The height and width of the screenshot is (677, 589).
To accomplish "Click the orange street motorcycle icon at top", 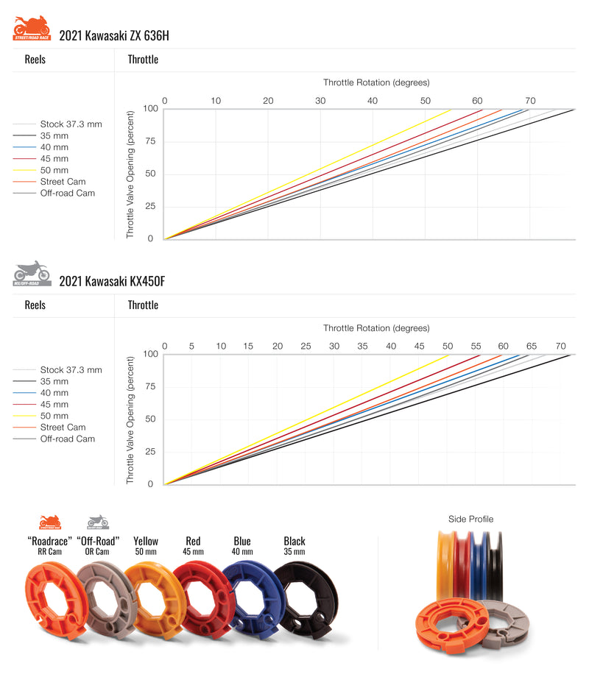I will [31, 29].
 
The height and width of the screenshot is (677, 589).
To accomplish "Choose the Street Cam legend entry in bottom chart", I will [63, 428].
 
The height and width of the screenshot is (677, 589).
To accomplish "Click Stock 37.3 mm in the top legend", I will [71, 124].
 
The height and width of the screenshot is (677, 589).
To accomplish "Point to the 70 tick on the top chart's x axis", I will [529, 101].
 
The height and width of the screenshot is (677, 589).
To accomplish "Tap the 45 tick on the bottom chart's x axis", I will [419, 347].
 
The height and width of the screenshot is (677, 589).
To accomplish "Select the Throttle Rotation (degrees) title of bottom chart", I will [375, 328].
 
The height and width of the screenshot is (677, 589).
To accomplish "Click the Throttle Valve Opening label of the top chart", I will [130, 174].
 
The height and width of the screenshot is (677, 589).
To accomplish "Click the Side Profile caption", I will [470, 520].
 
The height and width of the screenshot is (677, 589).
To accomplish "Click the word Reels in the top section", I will [35, 60].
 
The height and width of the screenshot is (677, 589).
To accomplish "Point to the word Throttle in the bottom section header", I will [143, 305].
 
